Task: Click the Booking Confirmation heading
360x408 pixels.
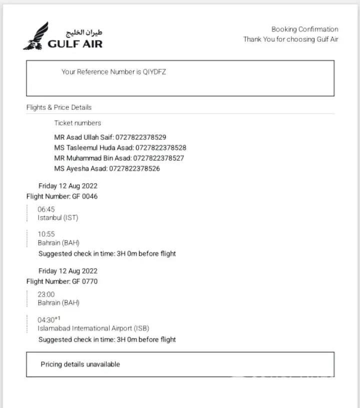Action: pos(304,29)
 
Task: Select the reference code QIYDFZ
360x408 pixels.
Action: pos(154,72)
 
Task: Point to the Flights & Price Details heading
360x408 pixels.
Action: pos(59,107)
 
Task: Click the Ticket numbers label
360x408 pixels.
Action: pos(77,123)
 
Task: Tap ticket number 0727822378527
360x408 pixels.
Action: pos(158,158)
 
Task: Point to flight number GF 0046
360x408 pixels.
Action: pos(84,196)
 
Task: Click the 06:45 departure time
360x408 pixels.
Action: pos(46,209)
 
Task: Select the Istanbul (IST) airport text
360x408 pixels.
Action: pos(58,218)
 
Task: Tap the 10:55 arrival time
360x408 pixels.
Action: pos(46,234)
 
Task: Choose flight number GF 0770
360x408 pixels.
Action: pos(84,281)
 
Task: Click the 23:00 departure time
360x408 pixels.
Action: pos(46,294)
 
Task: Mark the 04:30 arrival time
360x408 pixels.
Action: pos(47,320)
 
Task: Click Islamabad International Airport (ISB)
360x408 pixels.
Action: pos(93,329)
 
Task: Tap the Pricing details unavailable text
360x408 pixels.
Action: pos(80,365)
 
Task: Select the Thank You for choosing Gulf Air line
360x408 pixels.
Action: pos(290,39)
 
